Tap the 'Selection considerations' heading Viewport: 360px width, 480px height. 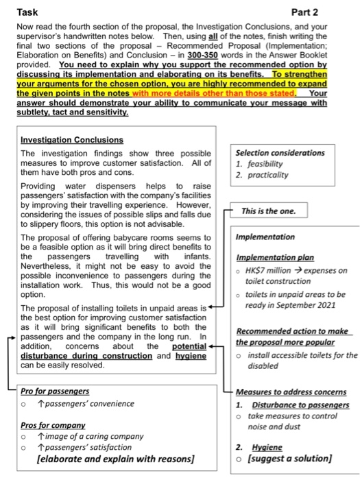(x=280, y=152)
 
